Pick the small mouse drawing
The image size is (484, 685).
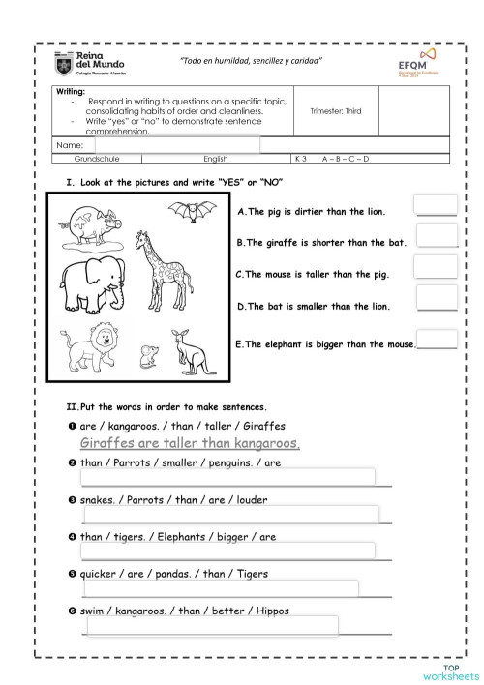click(148, 356)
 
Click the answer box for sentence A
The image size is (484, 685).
click(435, 205)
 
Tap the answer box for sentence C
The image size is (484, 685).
click(435, 268)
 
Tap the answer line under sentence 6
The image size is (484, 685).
click(212, 626)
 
